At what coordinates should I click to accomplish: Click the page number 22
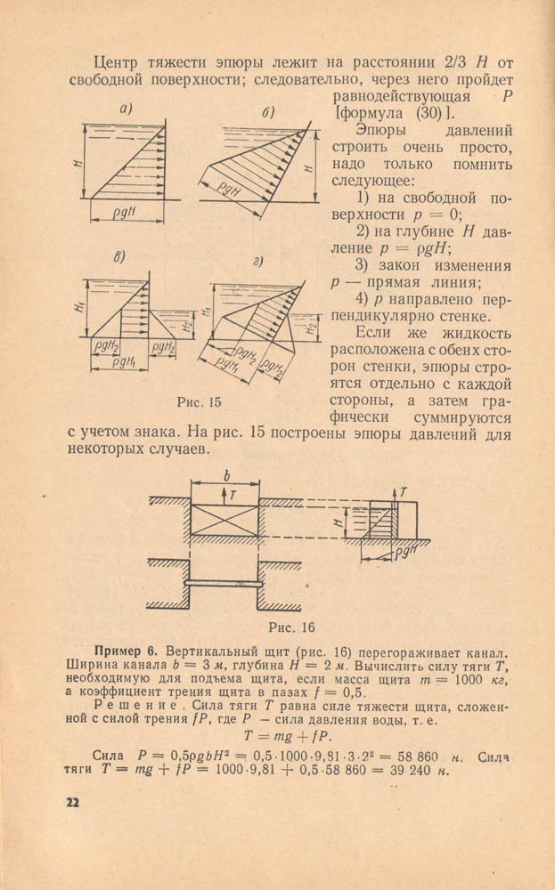click(72, 802)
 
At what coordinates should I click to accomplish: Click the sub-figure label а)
click(127, 109)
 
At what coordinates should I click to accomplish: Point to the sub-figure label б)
click(267, 112)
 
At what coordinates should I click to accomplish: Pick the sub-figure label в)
click(118, 257)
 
